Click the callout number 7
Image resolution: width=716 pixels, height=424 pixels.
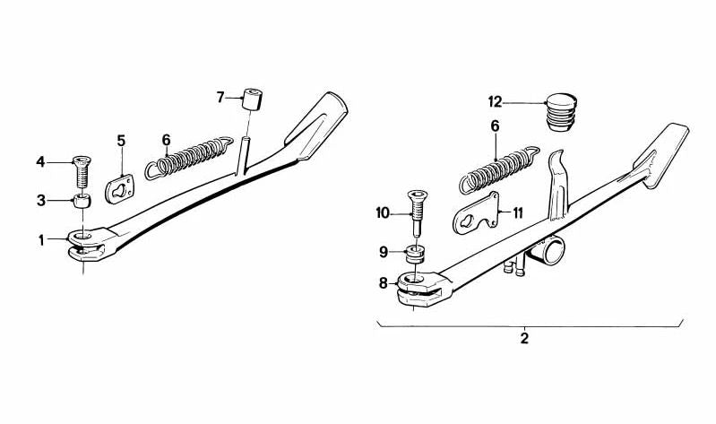click(220, 98)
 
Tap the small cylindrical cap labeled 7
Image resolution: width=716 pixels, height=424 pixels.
click(253, 100)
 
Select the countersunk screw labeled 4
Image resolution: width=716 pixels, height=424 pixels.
click(82, 171)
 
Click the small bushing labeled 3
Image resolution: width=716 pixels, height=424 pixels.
click(82, 201)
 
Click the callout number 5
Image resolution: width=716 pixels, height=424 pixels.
click(121, 140)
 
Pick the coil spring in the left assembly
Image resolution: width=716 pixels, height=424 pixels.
click(189, 158)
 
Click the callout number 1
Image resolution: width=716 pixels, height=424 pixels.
click(41, 240)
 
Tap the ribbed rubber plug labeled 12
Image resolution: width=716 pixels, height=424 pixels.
click(562, 112)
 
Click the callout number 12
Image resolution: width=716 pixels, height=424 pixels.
click(495, 101)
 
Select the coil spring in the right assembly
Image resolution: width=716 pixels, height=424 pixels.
click(499, 170)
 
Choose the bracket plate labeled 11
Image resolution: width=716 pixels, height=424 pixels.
click(476, 213)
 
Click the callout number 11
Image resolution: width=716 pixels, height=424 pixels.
click(517, 213)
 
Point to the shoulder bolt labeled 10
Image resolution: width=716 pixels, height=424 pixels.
click(417, 213)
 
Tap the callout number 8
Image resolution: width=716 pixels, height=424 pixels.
click(384, 284)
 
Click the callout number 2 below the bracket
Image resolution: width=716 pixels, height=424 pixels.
click(524, 339)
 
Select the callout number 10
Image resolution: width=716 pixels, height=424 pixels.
click(384, 213)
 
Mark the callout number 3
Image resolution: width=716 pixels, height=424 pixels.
click(41, 201)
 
